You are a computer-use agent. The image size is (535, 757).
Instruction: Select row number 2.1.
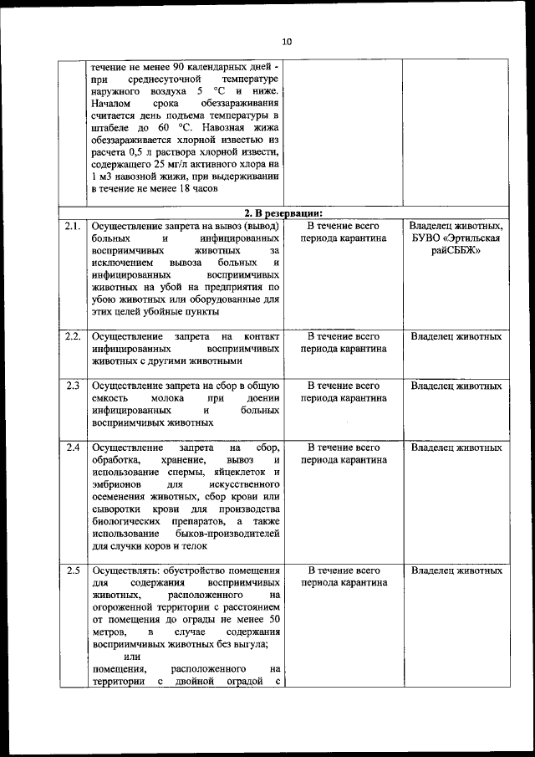73,226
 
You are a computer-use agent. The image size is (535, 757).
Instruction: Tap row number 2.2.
73,336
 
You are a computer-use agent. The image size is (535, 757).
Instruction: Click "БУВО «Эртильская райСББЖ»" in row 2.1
456,245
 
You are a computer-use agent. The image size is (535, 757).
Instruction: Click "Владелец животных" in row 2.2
456,336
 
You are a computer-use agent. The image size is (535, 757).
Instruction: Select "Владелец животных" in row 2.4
456,448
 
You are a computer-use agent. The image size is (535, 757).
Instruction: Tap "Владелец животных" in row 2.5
456,570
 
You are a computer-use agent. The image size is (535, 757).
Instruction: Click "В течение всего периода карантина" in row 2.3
344,392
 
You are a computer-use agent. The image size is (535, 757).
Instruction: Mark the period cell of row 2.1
344,232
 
